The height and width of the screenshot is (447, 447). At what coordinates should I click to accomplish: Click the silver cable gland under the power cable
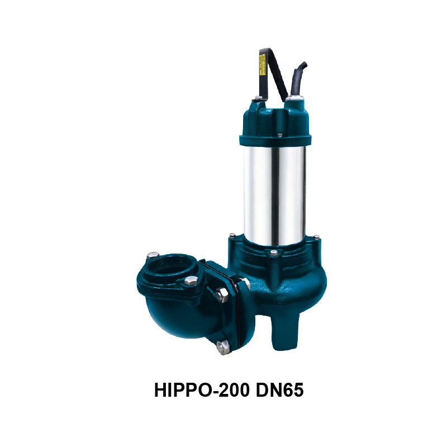coord(291,101)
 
